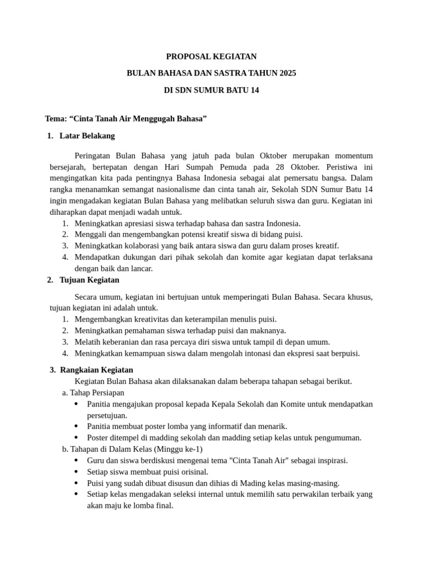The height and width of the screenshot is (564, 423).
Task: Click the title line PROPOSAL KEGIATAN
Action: tap(211, 57)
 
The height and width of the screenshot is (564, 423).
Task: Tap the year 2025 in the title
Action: tap(288, 73)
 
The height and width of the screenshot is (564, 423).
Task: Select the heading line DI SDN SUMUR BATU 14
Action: tap(211, 90)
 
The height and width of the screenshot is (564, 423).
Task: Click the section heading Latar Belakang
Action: tap(87, 135)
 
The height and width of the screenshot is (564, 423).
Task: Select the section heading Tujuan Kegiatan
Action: tap(89, 280)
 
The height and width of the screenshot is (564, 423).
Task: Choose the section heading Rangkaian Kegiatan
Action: tap(96, 370)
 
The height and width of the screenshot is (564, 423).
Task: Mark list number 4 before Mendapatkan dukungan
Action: tap(65, 257)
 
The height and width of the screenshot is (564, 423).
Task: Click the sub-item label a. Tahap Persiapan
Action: tap(93, 393)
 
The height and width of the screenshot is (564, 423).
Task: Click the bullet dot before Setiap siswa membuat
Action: tap(75, 471)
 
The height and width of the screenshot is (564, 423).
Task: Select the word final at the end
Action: tap(164, 505)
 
